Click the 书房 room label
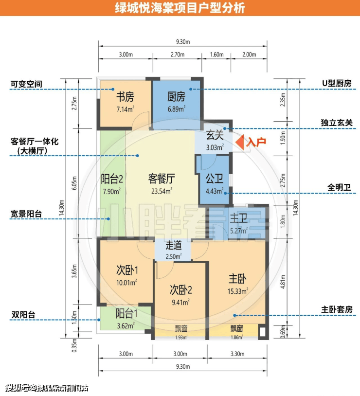[x=125, y=97]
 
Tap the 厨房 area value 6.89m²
[x=177, y=109]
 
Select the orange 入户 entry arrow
[x=240, y=142]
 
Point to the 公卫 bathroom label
[x=214, y=179]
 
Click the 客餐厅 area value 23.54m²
[x=162, y=191]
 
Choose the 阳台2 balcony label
[x=112, y=179]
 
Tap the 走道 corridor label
[x=174, y=245]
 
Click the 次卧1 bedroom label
[x=127, y=270]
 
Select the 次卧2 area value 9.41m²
[x=180, y=302]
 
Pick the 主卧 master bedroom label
[x=237, y=279]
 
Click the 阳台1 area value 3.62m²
[x=126, y=326]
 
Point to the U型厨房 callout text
[x=337, y=84]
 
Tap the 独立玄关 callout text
[x=337, y=123]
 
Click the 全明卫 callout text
[x=339, y=187]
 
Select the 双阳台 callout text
[x=23, y=315]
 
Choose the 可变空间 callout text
[x=26, y=84]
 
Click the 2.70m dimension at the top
[x=178, y=54]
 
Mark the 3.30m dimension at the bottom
[x=237, y=354]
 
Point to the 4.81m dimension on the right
[x=283, y=282]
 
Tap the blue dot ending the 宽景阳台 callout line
[x=108, y=219]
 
